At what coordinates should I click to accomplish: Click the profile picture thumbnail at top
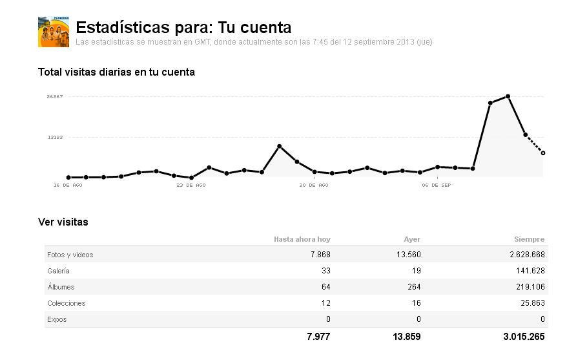(54, 32)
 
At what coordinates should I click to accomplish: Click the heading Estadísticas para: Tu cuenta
(183, 28)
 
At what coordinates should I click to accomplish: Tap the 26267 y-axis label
(54, 97)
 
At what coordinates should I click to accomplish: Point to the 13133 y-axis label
(54, 137)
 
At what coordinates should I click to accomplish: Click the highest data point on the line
(508, 96)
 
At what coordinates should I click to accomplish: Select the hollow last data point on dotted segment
(543, 153)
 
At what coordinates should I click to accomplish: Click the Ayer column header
(411, 239)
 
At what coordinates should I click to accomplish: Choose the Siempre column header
(530, 239)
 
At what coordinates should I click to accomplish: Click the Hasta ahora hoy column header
(302, 239)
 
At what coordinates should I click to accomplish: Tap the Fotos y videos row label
(70, 255)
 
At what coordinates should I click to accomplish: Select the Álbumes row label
(61, 287)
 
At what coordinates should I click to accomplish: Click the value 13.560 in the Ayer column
(408, 255)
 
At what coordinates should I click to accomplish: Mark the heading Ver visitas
(63, 222)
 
